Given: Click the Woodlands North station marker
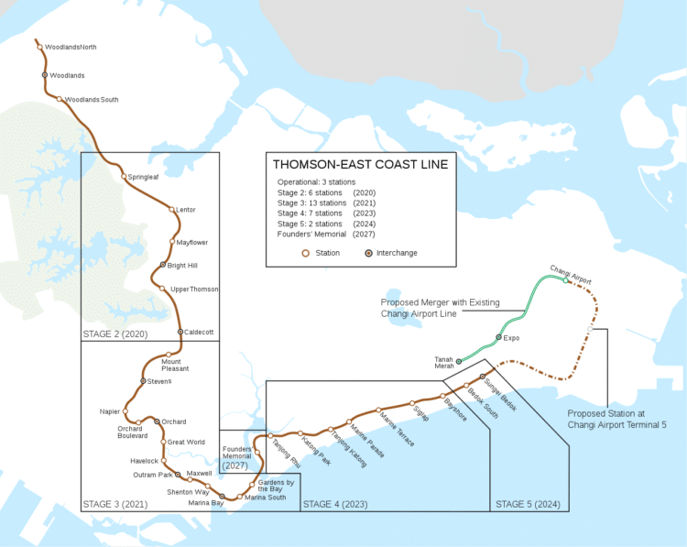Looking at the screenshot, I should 40,46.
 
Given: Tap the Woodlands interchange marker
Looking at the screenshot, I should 44,74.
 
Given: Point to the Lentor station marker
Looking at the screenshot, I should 170,209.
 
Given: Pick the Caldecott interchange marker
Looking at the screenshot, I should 180,332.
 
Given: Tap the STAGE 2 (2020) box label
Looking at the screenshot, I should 114,333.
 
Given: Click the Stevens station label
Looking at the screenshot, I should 159,381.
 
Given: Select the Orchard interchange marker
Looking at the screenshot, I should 157,421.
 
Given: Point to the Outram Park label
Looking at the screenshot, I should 151,475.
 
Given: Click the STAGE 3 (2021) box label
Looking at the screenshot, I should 114,504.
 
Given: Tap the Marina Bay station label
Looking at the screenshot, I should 205,503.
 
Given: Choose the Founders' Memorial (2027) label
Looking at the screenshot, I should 237,455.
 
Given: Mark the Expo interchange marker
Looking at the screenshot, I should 498,337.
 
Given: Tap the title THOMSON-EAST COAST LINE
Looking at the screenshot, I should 360,165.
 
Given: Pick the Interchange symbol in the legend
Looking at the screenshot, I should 368,253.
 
